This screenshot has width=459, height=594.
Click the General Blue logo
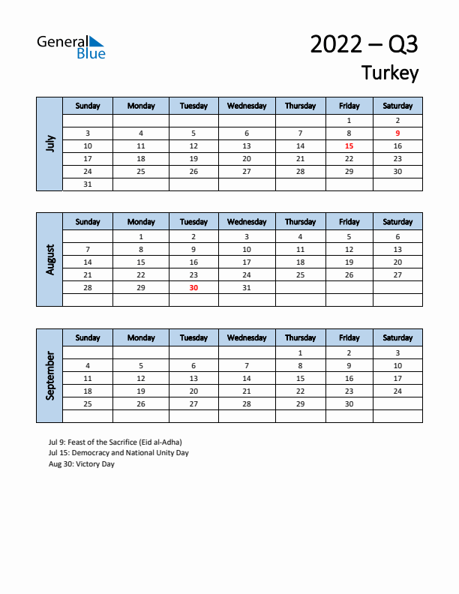[71, 46]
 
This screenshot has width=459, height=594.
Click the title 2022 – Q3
[364, 44]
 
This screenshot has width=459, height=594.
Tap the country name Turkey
[389, 73]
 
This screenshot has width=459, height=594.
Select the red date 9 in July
[397, 133]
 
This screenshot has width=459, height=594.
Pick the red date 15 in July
[349, 146]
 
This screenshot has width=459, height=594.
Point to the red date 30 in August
[193, 288]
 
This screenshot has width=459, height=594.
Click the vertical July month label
[49, 143]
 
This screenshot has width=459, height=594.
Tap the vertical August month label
[49, 259]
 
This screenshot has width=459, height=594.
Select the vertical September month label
[49, 376]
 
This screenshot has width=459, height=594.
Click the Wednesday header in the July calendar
[247, 106]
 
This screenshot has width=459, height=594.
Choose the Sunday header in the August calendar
[88, 222]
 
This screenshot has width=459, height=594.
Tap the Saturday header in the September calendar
[397, 338]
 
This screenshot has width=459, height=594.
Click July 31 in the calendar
[88, 184]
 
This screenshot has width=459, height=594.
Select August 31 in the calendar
[247, 288]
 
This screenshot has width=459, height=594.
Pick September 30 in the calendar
[349, 404]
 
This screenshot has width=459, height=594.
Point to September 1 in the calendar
[300, 352]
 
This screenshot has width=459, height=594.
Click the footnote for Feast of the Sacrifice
[115, 442]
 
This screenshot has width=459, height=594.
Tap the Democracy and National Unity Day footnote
[118, 453]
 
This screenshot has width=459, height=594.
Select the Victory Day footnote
[81, 464]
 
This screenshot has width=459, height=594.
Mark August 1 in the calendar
[141, 236]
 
